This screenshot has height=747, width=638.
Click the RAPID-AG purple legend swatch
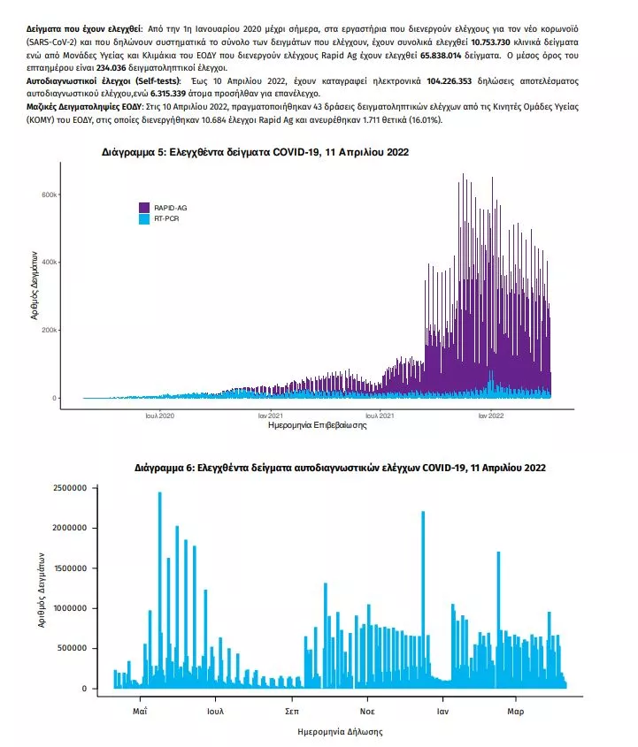pos(143,207)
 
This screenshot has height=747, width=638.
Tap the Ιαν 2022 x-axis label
pos(490,415)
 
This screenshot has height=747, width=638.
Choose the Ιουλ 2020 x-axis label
pos(160,415)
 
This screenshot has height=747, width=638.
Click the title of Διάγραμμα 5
pos(255,153)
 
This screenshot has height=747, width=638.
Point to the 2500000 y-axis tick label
pos(71,488)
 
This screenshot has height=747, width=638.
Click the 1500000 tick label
pos(71,568)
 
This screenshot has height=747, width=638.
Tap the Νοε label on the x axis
pos(366,710)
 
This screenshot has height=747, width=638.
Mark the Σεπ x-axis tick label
pos(291,710)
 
